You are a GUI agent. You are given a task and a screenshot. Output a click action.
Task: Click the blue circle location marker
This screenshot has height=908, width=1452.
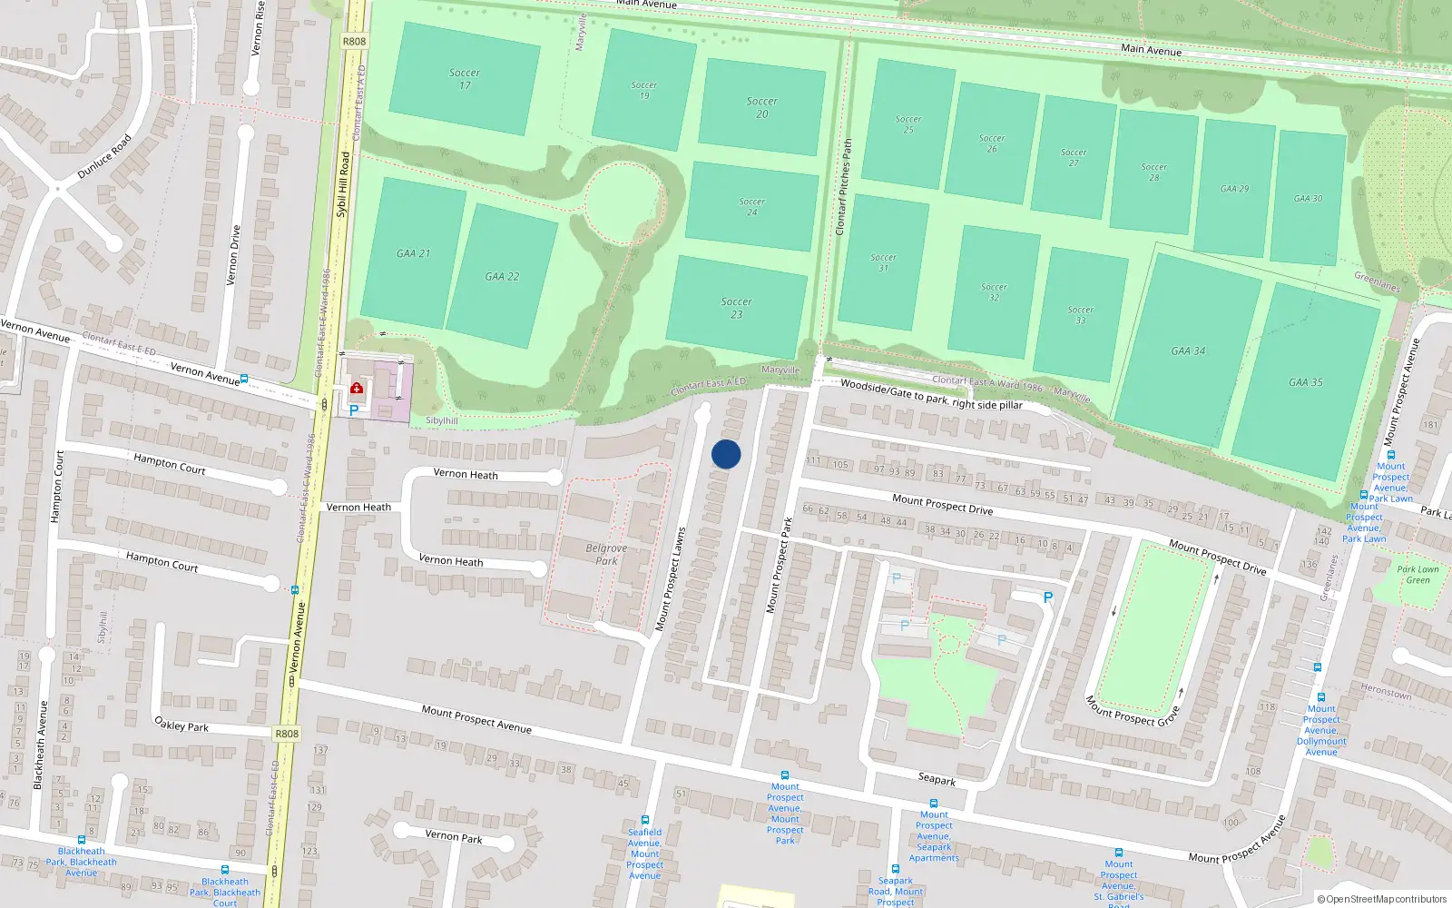tap(726, 454)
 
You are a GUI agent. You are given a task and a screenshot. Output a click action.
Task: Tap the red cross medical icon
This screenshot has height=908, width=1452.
tap(357, 389)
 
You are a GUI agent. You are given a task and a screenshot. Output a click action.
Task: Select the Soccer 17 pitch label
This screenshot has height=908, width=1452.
tap(465, 79)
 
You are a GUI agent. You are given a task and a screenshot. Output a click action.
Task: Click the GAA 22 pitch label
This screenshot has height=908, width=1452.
tap(502, 277)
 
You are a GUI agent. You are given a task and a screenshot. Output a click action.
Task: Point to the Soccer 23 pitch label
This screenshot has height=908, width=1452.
tap(737, 308)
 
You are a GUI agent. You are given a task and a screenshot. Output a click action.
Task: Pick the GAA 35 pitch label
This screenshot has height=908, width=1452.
tap(1306, 382)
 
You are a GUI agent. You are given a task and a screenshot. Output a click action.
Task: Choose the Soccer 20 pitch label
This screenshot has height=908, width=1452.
tap(762, 107)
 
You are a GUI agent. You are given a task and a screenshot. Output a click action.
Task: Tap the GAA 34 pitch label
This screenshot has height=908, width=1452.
tap(1188, 350)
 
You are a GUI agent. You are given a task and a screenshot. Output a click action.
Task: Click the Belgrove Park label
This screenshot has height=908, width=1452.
tap(606, 554)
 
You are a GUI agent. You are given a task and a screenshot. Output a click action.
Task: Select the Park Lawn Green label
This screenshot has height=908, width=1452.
tap(1418, 575)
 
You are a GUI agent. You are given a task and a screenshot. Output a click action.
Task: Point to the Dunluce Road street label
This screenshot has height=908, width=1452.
tap(105, 156)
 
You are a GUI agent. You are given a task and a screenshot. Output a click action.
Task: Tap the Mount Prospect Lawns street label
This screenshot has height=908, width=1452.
tap(671, 578)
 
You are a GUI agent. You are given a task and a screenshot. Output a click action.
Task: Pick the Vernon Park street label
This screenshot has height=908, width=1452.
tap(454, 836)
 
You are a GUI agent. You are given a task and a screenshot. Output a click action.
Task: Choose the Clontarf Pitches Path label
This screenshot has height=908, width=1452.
tap(843, 187)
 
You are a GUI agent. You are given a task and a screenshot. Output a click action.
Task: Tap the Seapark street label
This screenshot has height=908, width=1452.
tap(937, 779)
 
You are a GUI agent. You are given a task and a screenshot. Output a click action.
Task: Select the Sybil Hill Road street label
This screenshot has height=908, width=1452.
tap(342, 184)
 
